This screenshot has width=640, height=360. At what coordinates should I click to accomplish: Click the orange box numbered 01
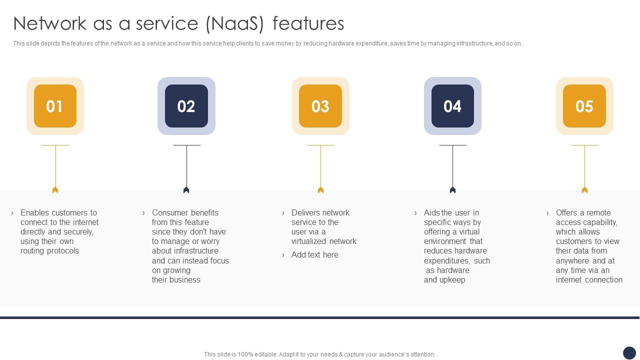55,106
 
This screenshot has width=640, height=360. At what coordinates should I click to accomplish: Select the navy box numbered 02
186,106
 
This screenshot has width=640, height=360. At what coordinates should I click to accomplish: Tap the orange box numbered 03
320,106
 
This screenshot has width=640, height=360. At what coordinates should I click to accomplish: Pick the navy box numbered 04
452,106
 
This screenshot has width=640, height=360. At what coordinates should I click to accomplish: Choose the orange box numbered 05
584,106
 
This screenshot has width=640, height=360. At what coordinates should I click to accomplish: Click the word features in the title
308,23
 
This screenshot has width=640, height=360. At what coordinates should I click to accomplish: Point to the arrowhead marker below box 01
55,190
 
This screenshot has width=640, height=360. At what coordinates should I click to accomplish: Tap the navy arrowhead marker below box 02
186,190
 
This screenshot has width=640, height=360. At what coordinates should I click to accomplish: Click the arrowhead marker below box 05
584,190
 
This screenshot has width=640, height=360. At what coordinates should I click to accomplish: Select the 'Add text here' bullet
314,255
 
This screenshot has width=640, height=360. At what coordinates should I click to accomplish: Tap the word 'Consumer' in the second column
168,213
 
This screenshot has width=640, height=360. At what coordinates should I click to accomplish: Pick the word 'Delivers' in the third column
306,213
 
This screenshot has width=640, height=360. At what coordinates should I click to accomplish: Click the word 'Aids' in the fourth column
432,213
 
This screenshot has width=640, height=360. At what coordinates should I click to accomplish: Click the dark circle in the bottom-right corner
629,353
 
